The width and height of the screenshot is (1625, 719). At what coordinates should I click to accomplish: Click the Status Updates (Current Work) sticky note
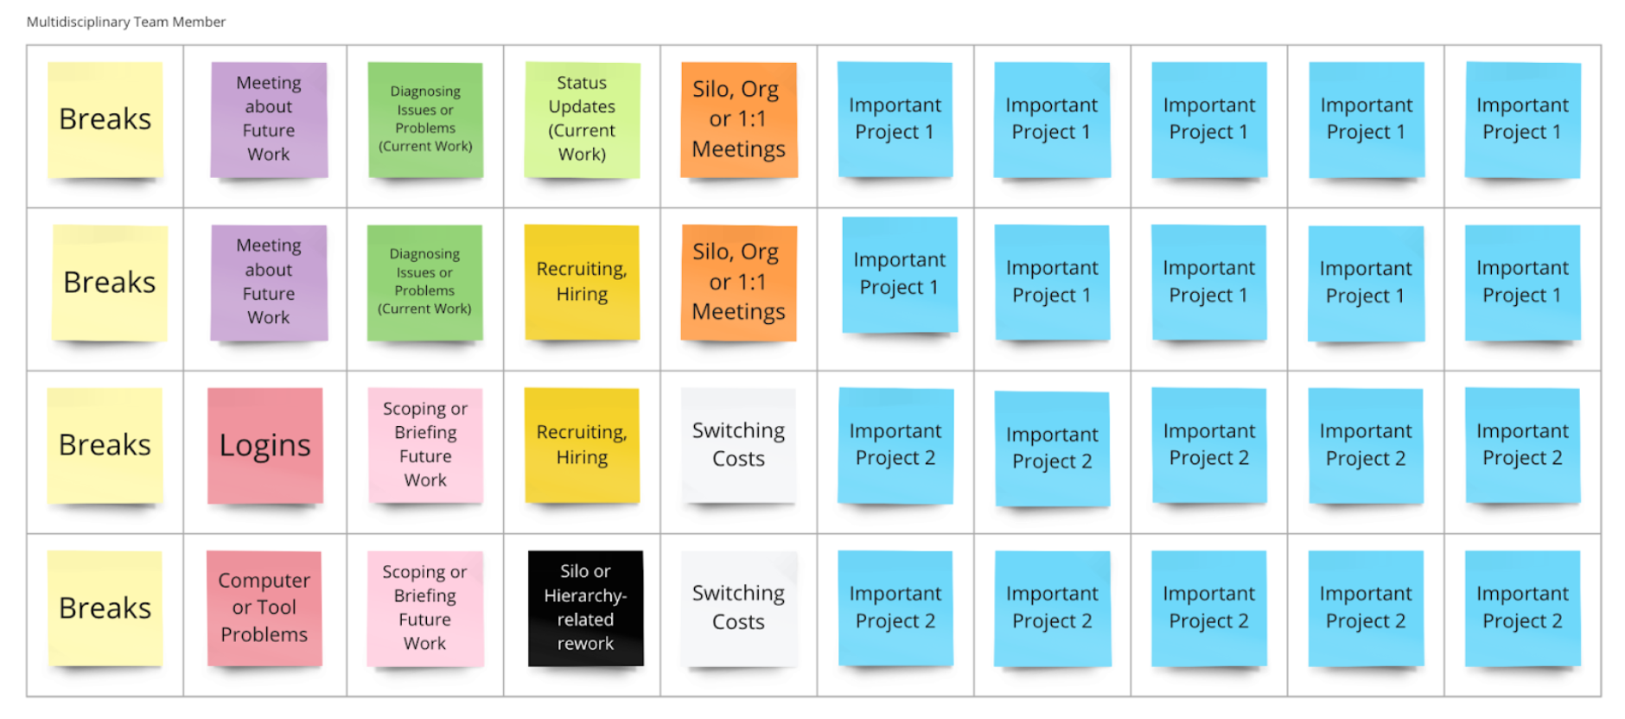click(x=582, y=119)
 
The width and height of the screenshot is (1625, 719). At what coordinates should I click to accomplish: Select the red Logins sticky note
click(x=264, y=445)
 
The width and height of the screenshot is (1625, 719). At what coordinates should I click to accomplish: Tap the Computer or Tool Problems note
click(x=264, y=608)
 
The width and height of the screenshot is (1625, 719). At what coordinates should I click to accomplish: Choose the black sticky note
click(x=585, y=608)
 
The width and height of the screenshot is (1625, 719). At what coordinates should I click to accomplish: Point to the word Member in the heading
click(x=199, y=22)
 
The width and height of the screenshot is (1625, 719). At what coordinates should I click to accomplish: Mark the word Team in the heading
click(x=151, y=22)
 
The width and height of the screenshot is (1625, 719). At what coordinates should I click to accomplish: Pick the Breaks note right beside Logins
click(x=105, y=445)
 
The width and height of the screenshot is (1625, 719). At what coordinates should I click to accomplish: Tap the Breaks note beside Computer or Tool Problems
click(x=105, y=608)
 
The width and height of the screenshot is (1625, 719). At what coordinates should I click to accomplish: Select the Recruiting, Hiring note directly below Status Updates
click(x=582, y=282)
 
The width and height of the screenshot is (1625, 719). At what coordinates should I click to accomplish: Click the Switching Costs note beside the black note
click(x=738, y=608)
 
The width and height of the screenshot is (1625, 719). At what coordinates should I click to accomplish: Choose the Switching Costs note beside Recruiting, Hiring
click(x=738, y=445)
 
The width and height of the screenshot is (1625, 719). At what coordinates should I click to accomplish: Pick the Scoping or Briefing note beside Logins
click(x=425, y=445)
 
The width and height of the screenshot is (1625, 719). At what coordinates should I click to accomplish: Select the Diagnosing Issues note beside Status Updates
click(x=425, y=119)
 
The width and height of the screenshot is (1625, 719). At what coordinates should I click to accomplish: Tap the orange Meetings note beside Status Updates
click(x=738, y=119)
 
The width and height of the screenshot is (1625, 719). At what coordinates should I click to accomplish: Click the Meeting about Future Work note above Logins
click(x=269, y=282)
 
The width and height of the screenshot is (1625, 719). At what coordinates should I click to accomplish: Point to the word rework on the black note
click(x=585, y=644)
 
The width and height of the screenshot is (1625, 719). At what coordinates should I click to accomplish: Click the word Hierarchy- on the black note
click(x=585, y=595)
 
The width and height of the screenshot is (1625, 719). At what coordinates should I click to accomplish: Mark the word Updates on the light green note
click(x=582, y=106)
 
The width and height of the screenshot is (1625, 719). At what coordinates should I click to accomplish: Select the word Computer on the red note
click(x=264, y=581)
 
